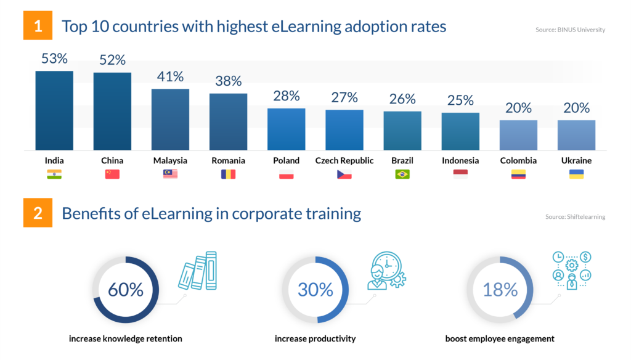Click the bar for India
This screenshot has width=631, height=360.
pyautogui.click(x=54, y=111)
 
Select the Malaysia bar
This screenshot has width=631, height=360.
pyautogui.click(x=170, y=120)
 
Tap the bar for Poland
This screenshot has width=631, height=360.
pyautogui.click(x=286, y=129)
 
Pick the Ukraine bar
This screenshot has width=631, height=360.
pyautogui.click(x=576, y=135)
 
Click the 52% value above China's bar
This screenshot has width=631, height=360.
pyautogui.click(x=112, y=60)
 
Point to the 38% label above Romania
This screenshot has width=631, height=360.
pyautogui.click(x=228, y=81)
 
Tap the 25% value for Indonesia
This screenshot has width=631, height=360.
pyautogui.click(x=460, y=100)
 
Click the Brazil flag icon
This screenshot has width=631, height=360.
pyautogui.click(x=402, y=174)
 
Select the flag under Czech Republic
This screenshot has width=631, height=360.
pyautogui.click(x=344, y=174)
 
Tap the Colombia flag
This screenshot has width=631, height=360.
pyautogui.click(x=518, y=174)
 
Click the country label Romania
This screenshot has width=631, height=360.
pyautogui.click(x=228, y=161)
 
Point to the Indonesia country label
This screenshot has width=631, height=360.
pyautogui.click(x=460, y=161)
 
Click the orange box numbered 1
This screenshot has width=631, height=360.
pyautogui.click(x=38, y=25)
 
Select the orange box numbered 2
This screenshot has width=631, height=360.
pyautogui.click(x=38, y=213)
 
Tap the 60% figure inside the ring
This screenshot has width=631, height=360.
pyautogui.click(x=126, y=290)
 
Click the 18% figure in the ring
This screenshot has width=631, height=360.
pyautogui.click(x=500, y=290)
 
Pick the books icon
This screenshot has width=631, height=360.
pyautogui.click(x=198, y=271)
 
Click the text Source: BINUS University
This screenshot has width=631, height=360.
pyautogui.click(x=570, y=30)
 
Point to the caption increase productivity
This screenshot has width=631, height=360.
pyautogui.click(x=315, y=338)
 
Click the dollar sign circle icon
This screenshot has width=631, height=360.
pyautogui.click(x=585, y=256)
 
